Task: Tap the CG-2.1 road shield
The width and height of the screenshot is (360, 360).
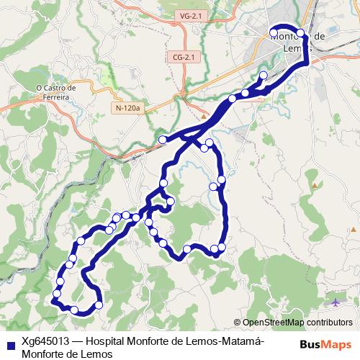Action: (185, 56)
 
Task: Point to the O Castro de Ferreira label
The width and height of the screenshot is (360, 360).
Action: (56, 93)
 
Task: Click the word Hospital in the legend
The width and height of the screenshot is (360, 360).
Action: (108, 341)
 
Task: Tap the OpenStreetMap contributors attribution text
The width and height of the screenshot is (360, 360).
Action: (297, 322)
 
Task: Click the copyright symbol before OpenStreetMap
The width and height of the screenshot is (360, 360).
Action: (237, 322)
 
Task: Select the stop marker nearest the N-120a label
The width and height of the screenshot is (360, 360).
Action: (163, 139)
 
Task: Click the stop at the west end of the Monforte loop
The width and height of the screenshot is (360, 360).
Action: (274, 30)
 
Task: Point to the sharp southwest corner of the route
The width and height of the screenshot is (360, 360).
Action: (53, 303)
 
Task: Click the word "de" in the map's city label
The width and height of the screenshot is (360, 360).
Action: (321, 36)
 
